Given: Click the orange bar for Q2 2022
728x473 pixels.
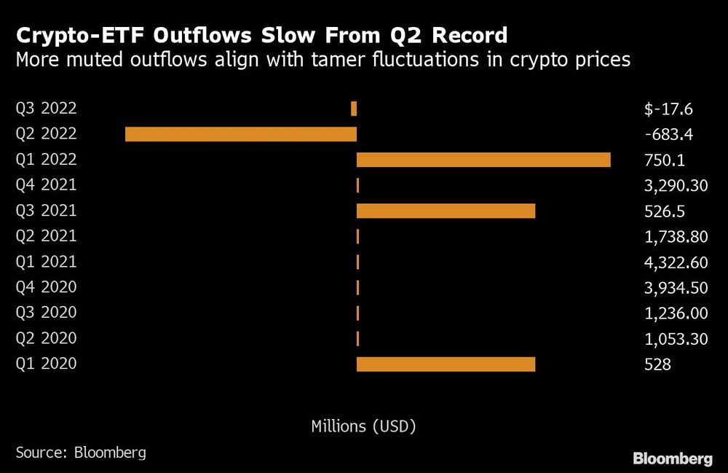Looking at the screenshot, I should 241,134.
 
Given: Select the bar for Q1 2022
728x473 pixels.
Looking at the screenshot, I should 483,160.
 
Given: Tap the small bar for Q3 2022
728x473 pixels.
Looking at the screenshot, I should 354,109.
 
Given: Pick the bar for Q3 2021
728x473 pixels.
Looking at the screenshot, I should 446,211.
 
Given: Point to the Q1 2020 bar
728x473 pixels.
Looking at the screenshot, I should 446,364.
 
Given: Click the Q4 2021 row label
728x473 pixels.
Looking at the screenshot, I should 46,185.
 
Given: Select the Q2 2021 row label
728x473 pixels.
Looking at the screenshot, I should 46,236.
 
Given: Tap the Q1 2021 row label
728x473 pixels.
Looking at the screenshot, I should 46,262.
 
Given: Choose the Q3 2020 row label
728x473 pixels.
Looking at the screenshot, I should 46,313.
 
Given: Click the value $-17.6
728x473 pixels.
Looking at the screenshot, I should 668,109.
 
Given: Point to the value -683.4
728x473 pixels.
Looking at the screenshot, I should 668,135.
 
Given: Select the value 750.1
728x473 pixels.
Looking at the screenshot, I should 665,160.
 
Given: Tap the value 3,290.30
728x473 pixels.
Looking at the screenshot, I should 676,186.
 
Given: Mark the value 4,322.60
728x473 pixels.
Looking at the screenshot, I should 676,262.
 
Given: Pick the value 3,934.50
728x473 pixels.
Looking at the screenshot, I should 676,288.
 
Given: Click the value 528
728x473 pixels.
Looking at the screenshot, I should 657,364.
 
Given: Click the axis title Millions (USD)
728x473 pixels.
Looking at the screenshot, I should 363,426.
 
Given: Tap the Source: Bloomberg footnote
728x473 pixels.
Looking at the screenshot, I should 80,453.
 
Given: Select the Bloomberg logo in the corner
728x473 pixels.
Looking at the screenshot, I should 673,458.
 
